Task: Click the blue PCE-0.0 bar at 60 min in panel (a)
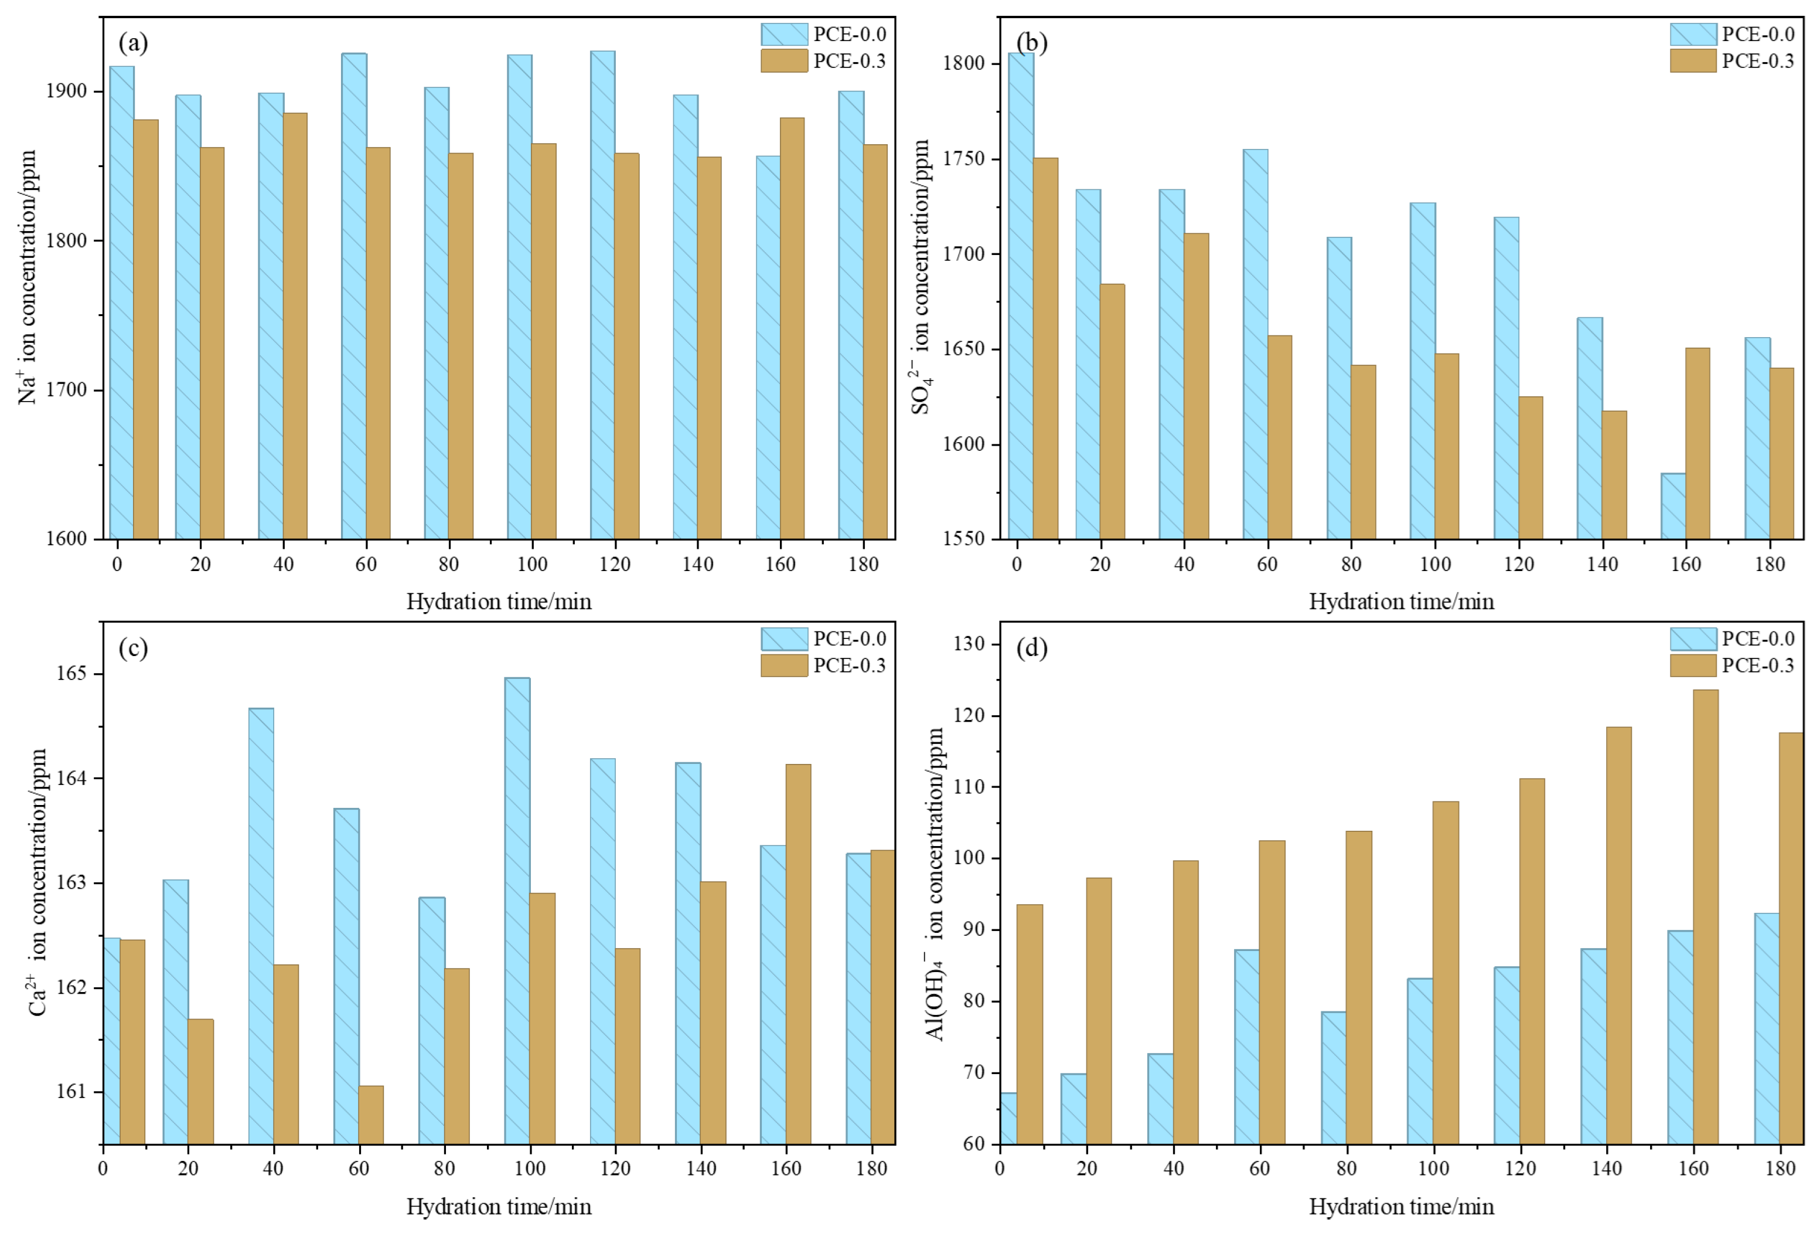(354, 296)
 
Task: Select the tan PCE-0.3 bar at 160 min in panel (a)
(792, 328)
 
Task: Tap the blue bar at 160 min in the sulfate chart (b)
(1673, 506)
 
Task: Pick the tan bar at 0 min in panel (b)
(1045, 349)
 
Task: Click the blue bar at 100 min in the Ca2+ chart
(517, 911)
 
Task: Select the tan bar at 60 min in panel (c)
(371, 1115)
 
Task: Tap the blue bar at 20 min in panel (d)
(1073, 1109)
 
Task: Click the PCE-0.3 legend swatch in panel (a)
(784, 61)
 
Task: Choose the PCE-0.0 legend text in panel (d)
(1758, 638)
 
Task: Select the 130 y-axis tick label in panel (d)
(970, 644)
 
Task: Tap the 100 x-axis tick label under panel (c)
(530, 1168)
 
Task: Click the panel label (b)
(1031, 42)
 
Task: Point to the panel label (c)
(133, 648)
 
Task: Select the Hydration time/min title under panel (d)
(1401, 1207)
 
